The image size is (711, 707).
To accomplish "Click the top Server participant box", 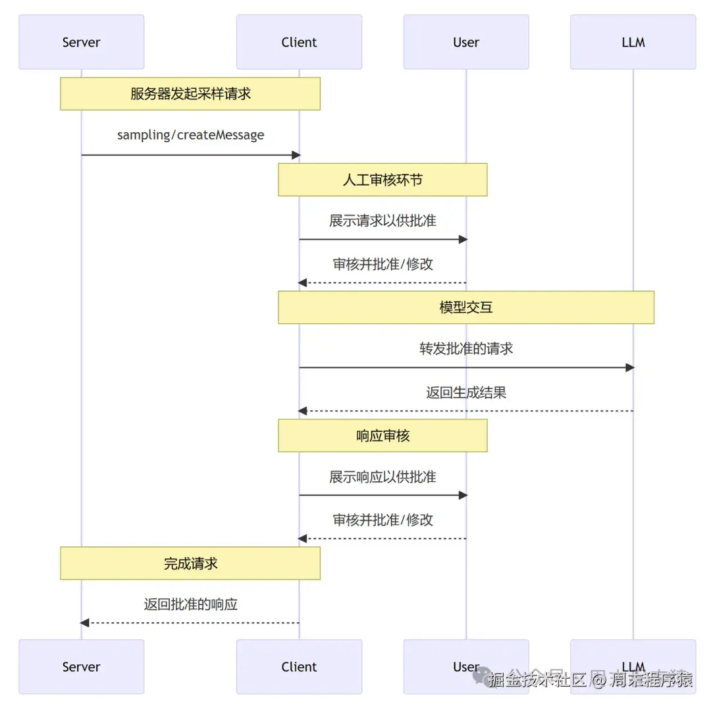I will click(x=81, y=42).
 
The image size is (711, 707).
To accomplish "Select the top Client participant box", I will click(x=299, y=42).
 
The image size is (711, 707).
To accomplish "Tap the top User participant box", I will click(x=465, y=42).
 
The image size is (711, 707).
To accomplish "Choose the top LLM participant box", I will click(x=633, y=42).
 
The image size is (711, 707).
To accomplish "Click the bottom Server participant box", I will click(x=81, y=666).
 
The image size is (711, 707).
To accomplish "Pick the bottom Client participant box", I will click(x=299, y=666).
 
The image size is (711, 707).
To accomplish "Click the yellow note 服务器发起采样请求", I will click(x=190, y=93).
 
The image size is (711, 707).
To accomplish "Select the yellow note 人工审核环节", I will click(x=382, y=180).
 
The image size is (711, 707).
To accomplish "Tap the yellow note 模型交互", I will click(x=465, y=307).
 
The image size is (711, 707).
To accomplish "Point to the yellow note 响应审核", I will click(x=382, y=435).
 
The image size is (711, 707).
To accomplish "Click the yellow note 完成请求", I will click(x=190, y=563).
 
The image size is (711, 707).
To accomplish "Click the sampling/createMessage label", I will click(x=190, y=135).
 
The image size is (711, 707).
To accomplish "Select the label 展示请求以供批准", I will click(x=382, y=221).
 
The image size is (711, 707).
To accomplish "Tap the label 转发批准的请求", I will click(x=465, y=348).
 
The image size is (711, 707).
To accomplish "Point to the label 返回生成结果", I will click(x=465, y=393).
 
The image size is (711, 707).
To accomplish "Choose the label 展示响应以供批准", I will click(x=382, y=476).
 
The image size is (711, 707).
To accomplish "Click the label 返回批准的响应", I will click(x=190, y=604).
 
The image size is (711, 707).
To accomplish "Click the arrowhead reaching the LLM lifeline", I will click(x=629, y=367).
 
